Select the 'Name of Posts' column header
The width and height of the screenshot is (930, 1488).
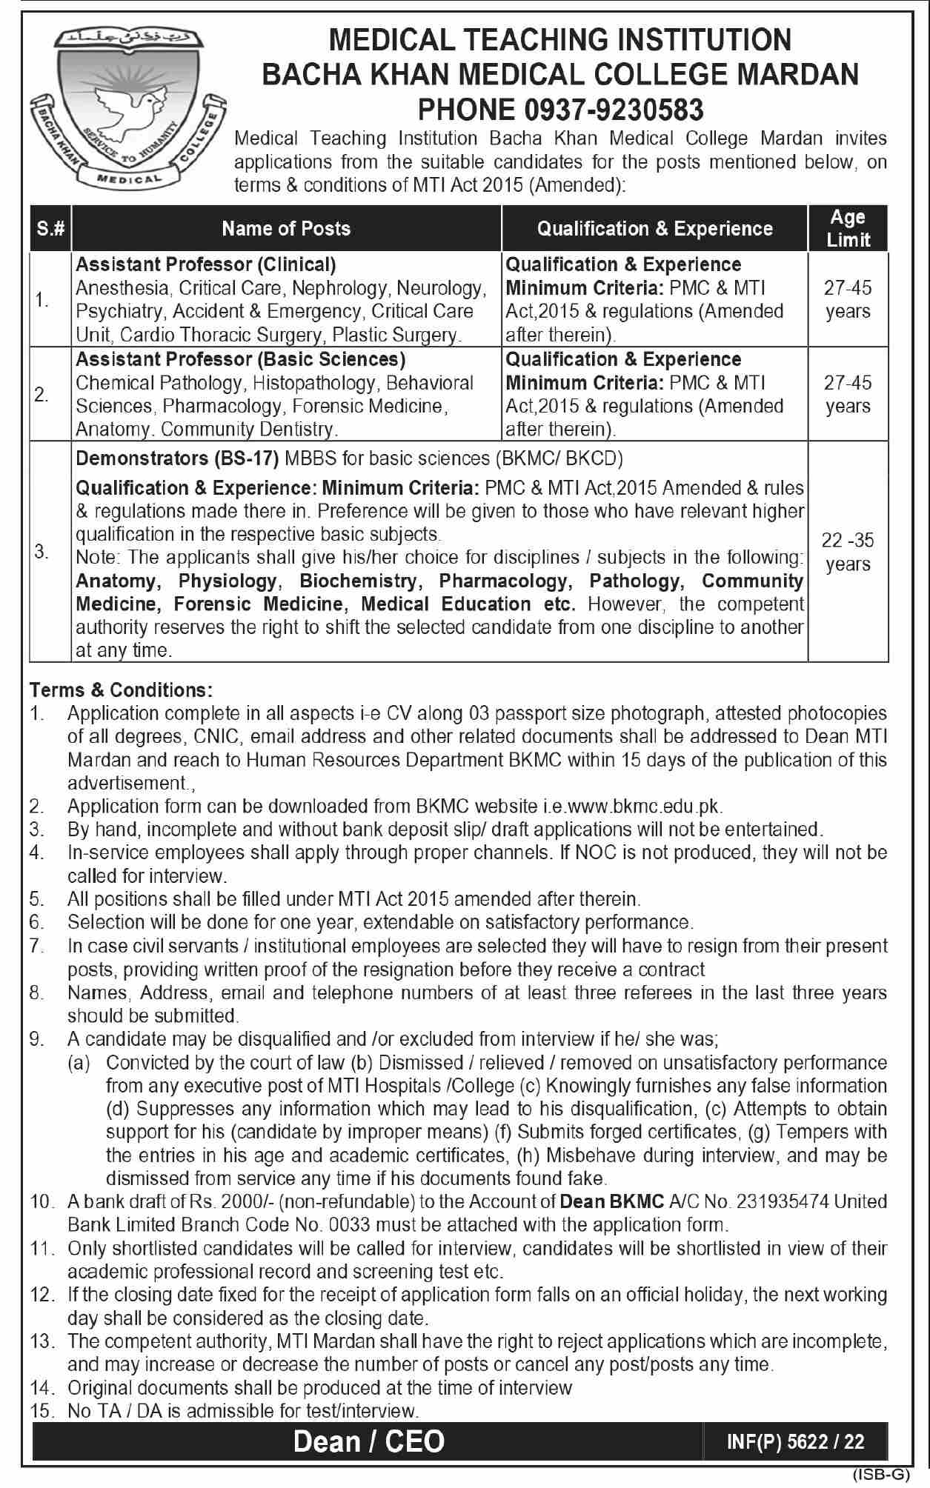coord(286,229)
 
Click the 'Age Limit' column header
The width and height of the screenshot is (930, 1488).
coord(848,228)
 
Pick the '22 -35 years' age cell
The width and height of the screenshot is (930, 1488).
coord(848,552)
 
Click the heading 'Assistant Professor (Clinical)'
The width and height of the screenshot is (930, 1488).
coord(206,264)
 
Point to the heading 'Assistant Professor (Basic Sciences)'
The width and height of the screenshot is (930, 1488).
coord(241,359)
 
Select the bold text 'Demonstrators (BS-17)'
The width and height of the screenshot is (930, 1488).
coord(177,458)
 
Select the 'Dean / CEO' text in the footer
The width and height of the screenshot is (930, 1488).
coord(369,1441)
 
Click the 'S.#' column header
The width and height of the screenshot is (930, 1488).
coord(50,229)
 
